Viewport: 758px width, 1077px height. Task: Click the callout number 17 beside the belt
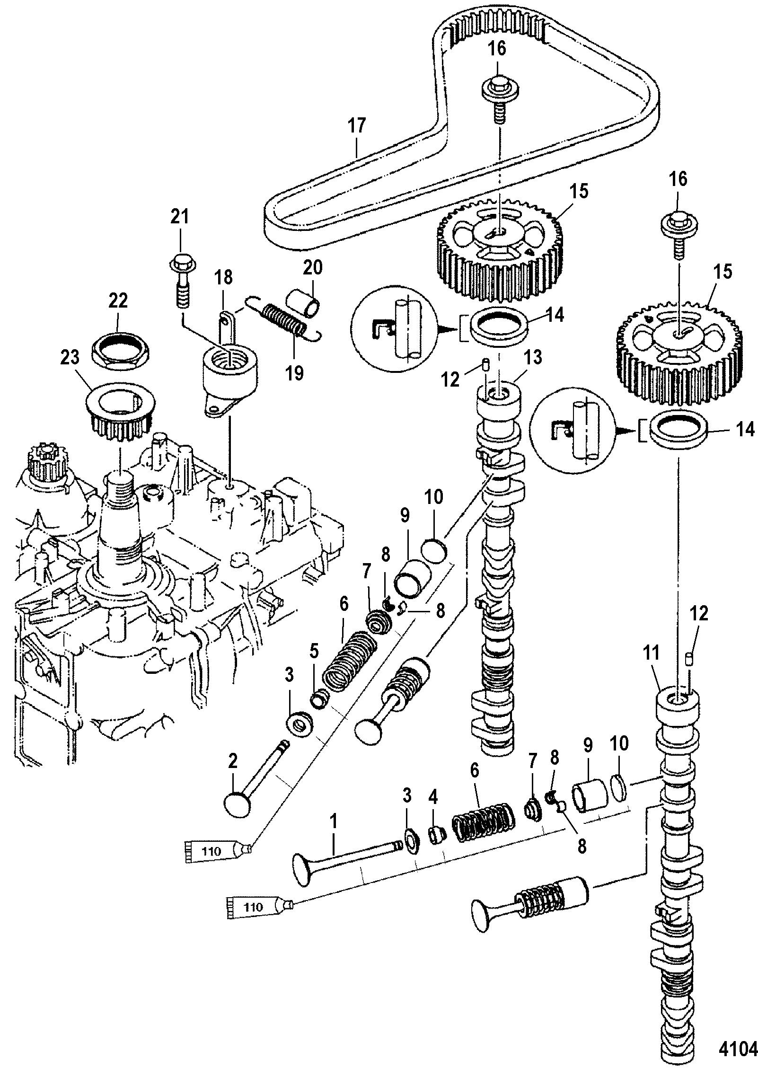pyautogui.click(x=357, y=126)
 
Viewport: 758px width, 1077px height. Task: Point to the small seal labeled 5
pyautogui.click(x=319, y=700)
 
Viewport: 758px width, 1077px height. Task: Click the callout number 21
pyautogui.click(x=180, y=218)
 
